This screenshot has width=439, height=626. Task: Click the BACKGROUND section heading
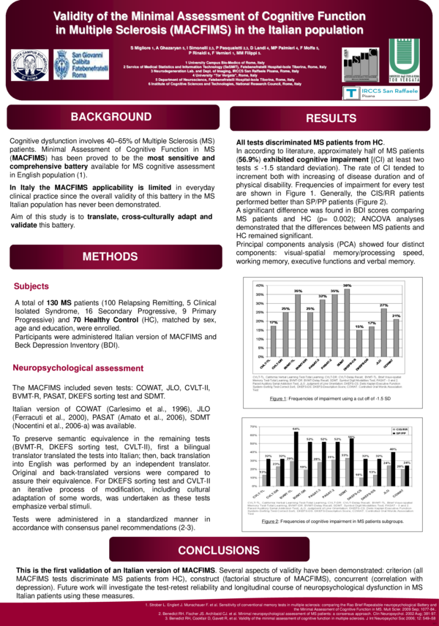(x=110, y=118)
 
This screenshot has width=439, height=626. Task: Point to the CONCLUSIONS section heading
(x=219, y=550)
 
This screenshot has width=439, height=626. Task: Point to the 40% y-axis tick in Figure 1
(x=258, y=284)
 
